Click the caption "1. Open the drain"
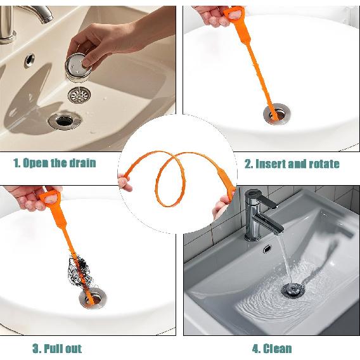(x=55, y=163)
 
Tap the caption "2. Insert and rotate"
(x=292, y=164)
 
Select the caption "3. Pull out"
(x=56, y=348)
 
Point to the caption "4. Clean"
(x=272, y=348)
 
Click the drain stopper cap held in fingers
(x=80, y=65)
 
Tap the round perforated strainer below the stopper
(x=79, y=96)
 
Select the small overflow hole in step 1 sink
(x=30, y=60)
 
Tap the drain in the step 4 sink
(x=294, y=291)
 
